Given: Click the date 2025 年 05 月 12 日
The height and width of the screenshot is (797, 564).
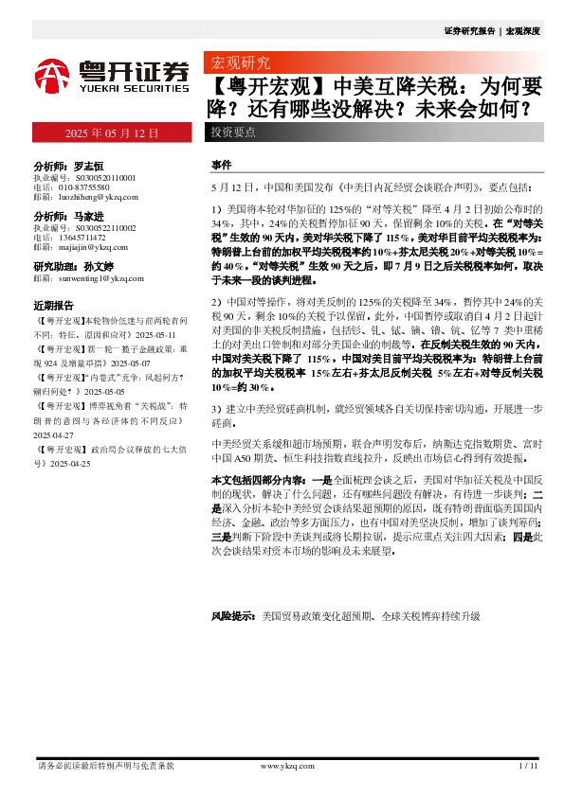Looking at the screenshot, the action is tap(111, 133).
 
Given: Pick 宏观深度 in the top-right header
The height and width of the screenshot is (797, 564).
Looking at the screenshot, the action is tap(523, 30).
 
